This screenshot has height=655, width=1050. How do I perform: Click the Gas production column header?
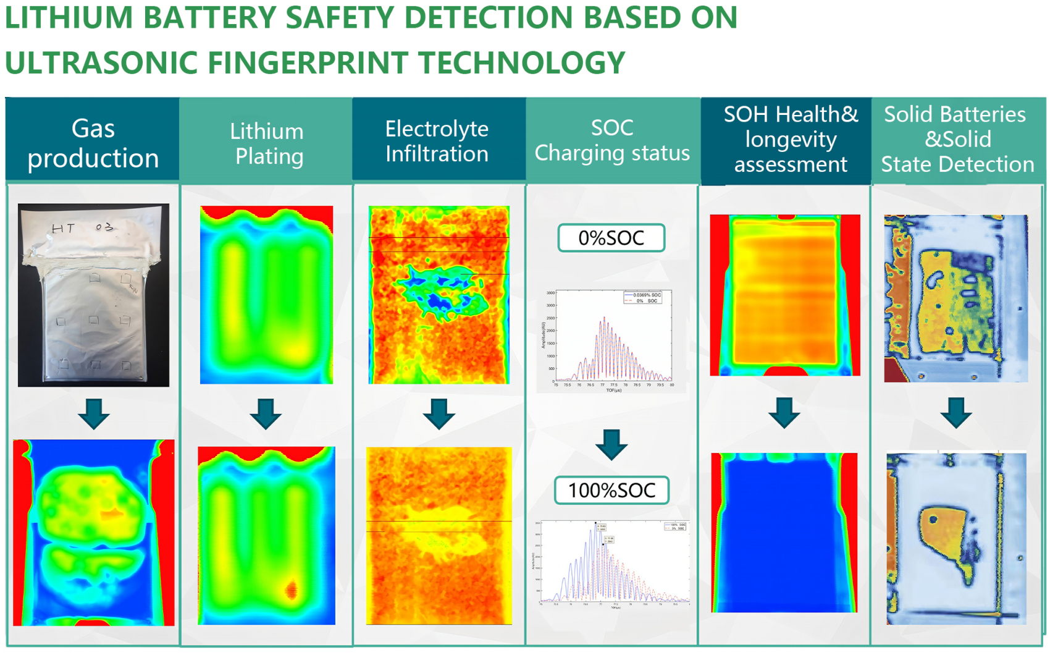pos(93,143)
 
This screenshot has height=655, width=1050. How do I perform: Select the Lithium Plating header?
pos(267,143)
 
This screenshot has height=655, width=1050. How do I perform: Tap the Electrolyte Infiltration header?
pos(437,141)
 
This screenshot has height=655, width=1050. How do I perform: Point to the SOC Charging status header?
pos(612,140)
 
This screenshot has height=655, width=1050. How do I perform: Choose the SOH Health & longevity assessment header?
pos(791,139)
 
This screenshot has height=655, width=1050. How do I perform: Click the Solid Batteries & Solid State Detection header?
pos(957,139)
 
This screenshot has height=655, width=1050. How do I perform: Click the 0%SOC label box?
pos(611,238)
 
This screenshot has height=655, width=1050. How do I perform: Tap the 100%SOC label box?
pos(611,490)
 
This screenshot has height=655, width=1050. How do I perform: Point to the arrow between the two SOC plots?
pos(611,444)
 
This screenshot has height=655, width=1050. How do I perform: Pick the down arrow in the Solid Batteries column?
pos(956,413)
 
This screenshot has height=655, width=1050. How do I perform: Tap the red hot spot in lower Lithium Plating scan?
pos(292,589)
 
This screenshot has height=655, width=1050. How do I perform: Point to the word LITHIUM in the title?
pos(69,17)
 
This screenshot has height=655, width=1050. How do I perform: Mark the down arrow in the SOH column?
pos(784,413)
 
